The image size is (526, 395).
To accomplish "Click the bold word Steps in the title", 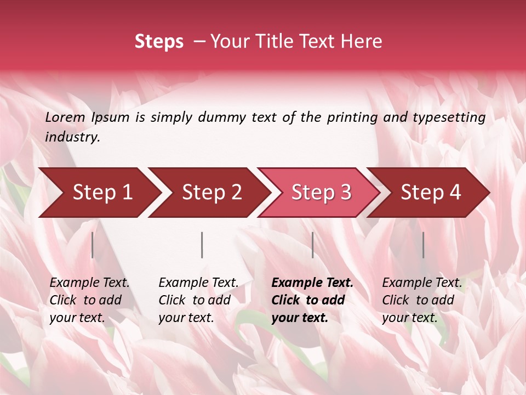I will point(159,42).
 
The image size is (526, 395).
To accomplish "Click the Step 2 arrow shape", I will point(211,193).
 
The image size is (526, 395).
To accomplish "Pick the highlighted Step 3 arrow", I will point(321,193).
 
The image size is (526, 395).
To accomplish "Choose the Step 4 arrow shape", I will point(431,193).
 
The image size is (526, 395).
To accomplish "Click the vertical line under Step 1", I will point(93,245).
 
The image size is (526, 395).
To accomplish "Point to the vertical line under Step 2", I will point(202,245).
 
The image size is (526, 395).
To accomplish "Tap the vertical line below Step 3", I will point(312,245).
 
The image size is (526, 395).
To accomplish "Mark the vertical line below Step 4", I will point(423,245).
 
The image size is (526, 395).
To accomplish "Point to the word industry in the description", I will point(72,137).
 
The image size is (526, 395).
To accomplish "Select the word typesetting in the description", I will point(449,117).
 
